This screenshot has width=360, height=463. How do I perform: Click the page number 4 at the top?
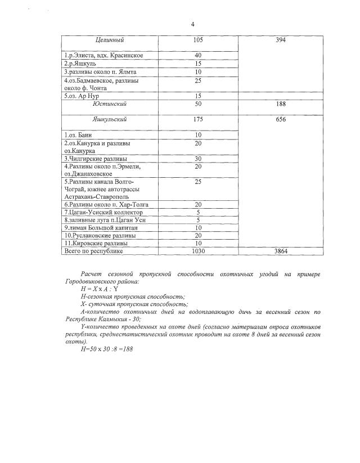click(x=192, y=24)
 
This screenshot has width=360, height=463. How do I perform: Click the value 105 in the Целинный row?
click(x=197, y=40)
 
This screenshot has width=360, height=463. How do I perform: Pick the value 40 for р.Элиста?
click(x=197, y=55)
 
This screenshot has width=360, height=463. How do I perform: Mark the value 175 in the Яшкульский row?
click(x=197, y=119)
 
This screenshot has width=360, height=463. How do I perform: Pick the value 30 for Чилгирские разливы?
click(x=197, y=159)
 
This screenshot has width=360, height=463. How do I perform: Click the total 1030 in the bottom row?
click(x=197, y=251)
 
